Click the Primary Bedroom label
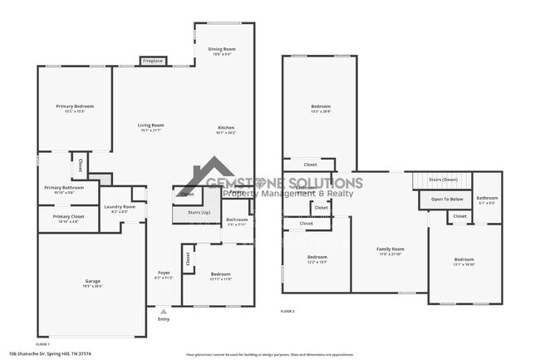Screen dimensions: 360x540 [75, 106]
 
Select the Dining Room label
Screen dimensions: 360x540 [220, 49]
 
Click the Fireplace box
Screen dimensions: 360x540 [152, 61]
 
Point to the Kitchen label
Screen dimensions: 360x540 [226, 126]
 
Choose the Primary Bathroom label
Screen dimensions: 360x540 [62, 188]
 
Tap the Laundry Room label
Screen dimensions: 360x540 [120, 207]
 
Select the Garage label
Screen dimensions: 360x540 [92, 282]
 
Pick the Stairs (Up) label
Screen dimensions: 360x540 [199, 213]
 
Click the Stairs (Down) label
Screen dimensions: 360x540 [443, 180]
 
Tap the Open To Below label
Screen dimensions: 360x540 [446, 200]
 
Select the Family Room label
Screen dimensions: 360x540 [390, 249]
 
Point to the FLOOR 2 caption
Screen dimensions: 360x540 [287, 311]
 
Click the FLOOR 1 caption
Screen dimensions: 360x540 [42, 343]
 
